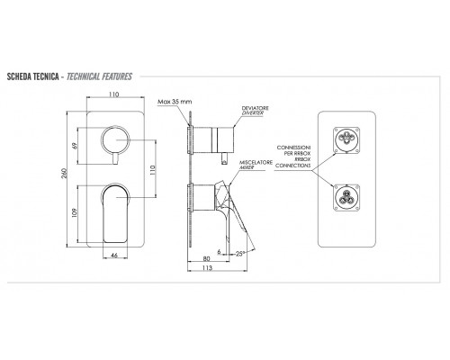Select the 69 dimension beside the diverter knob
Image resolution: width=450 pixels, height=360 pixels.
tap(75, 146)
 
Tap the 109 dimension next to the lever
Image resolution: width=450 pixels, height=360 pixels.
tap(75, 212)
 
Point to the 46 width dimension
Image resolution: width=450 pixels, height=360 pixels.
tap(114, 256)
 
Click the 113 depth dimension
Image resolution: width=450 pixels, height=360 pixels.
tap(207, 267)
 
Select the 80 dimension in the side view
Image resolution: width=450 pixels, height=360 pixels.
tap(207, 258)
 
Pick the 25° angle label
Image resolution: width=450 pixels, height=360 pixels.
tap(239, 254)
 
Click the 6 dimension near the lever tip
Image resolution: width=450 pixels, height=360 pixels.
tap(219, 252)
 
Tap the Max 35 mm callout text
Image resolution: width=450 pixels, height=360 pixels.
tap(175, 102)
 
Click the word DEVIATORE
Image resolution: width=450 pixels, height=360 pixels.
tap(256, 108)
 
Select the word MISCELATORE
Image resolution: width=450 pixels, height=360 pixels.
tap(256, 162)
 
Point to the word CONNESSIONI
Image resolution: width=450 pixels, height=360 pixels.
tap(293, 148)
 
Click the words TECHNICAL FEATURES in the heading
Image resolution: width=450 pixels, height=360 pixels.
tap(99, 76)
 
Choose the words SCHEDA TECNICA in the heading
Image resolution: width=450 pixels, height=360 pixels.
tap(32, 76)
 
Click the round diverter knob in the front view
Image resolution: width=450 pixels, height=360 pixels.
tap(115, 139)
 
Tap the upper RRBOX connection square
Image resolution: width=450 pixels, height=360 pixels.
tap(346, 139)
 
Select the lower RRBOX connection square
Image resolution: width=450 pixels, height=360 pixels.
tap(346, 198)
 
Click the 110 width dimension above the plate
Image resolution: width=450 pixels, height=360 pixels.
tap(113, 94)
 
